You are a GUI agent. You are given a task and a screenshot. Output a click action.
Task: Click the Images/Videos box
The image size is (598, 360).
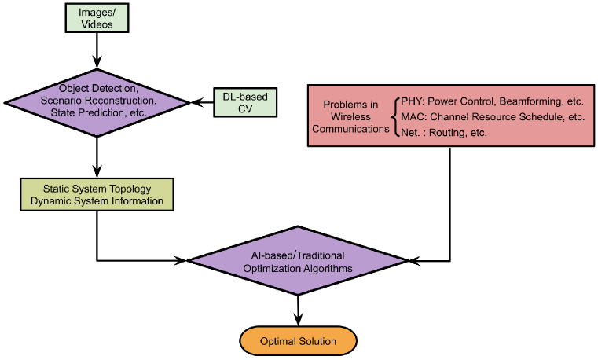97,18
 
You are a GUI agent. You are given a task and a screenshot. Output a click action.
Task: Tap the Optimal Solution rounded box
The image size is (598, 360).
298,341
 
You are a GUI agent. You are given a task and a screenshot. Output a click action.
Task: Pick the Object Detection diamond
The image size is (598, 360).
97,101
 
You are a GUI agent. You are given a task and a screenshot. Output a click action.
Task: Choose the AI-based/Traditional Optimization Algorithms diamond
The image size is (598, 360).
298,262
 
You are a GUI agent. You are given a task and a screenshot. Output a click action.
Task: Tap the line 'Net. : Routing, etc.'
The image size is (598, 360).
443,133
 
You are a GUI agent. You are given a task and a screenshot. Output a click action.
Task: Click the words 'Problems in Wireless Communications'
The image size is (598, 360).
350,118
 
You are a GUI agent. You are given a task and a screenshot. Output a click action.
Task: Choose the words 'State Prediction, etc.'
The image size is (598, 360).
97,113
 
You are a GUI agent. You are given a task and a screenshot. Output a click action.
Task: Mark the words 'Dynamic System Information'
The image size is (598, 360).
97,201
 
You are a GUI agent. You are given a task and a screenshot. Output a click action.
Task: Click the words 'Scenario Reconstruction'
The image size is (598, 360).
97,101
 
